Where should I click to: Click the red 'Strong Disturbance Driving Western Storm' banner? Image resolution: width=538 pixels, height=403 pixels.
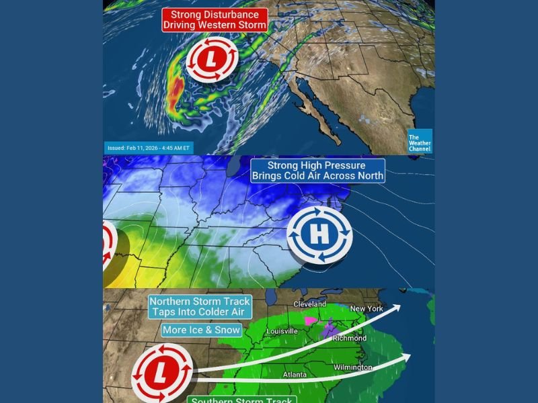click(215, 19)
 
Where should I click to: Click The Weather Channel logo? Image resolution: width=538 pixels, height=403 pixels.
click(420, 140)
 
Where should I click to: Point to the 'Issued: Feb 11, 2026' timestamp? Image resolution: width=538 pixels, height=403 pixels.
click(149, 147)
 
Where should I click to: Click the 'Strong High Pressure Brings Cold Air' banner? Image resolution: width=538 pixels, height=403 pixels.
click(317, 171)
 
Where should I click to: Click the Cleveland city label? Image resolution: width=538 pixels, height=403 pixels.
click(310, 304)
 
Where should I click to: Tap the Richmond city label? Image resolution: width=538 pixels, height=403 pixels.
click(350, 339)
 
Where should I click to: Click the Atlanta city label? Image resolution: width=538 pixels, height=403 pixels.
click(294, 374)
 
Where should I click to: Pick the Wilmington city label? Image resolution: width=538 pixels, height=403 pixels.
click(352, 367)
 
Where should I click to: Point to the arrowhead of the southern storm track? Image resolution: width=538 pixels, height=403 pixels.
click(404, 356)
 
